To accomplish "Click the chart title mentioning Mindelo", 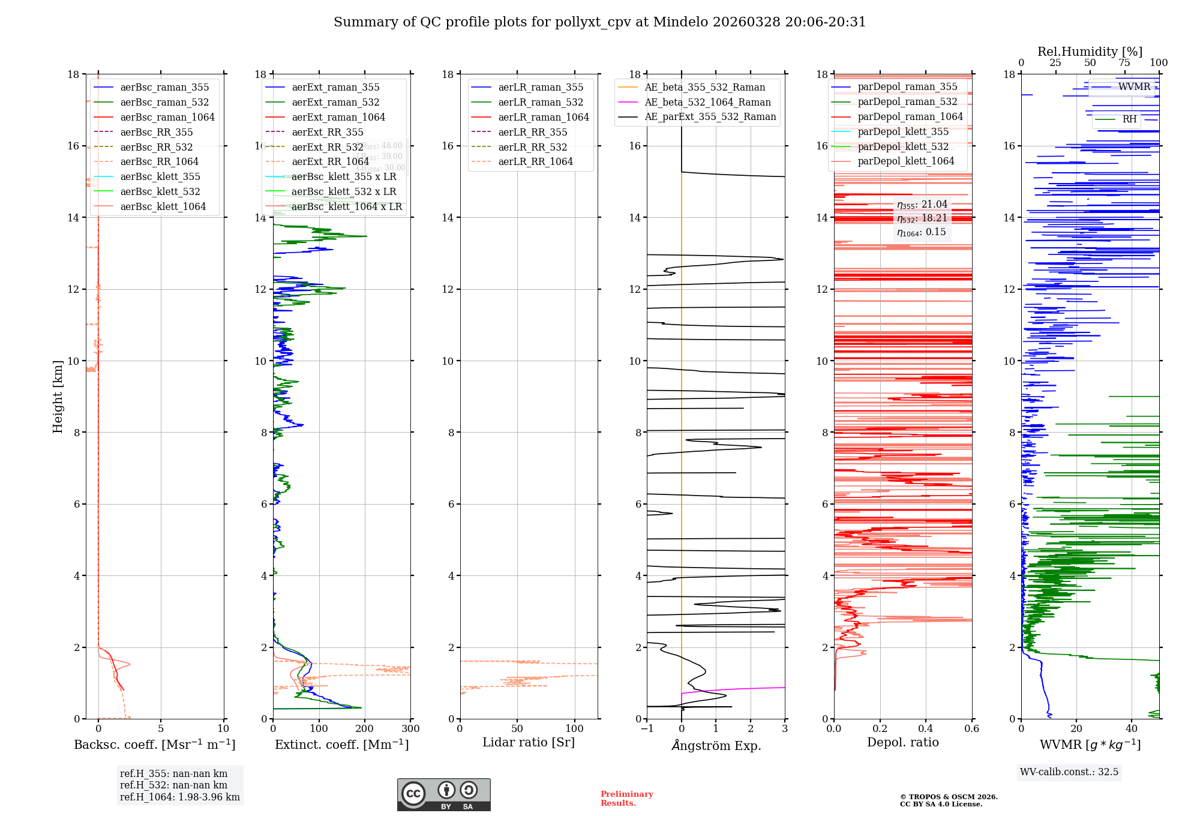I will click(599, 22).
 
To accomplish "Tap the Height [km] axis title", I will click(58, 396).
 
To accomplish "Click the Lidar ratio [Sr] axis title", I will click(529, 743).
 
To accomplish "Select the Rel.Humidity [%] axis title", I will click(1090, 52).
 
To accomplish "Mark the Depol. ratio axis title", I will click(902, 743).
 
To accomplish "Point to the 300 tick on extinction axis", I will click(410, 729).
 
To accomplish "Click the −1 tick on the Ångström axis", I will click(646, 729).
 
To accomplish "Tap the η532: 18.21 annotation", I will click(922, 218).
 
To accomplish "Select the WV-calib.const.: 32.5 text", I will click(1069, 772).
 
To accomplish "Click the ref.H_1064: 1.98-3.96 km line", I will click(179, 797).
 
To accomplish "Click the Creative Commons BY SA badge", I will click(443, 795).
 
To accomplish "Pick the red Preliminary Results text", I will click(626, 799).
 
